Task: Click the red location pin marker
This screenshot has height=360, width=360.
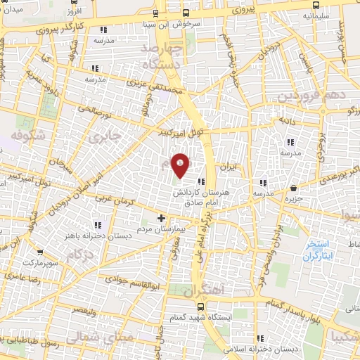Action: (x=181, y=165)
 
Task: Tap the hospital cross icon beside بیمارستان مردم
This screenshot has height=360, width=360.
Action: (x=161, y=218)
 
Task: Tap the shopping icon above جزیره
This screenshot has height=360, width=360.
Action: (x=293, y=188)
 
